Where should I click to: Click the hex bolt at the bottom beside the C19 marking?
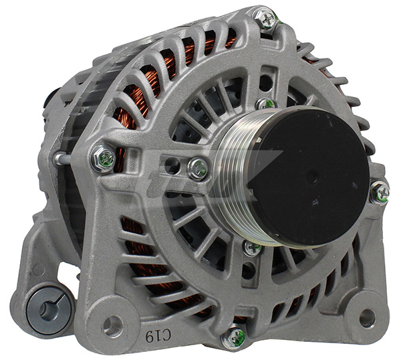tap(235, 336)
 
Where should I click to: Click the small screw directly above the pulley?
tap(265, 104)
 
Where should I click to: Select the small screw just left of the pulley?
tap(198, 168)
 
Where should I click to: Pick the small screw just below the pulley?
tap(252, 248)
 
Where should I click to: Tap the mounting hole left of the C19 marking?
tap(112, 325)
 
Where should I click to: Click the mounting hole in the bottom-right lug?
tap(366, 318)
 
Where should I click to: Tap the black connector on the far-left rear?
tap(50, 100)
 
